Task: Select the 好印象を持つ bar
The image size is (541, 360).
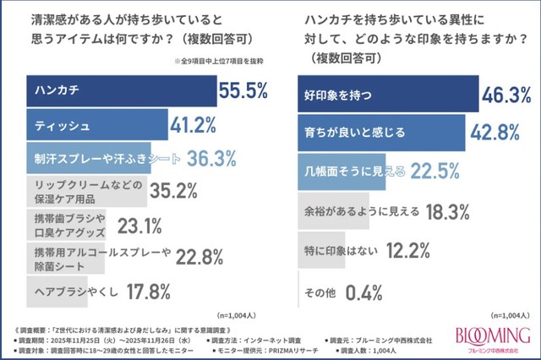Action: (388, 95)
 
